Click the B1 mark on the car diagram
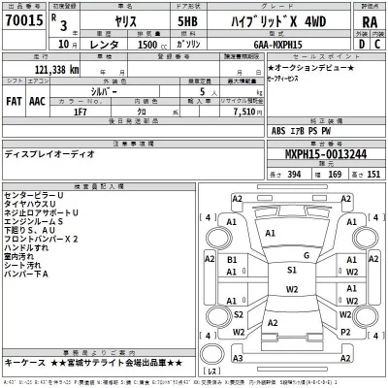point(232,261)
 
